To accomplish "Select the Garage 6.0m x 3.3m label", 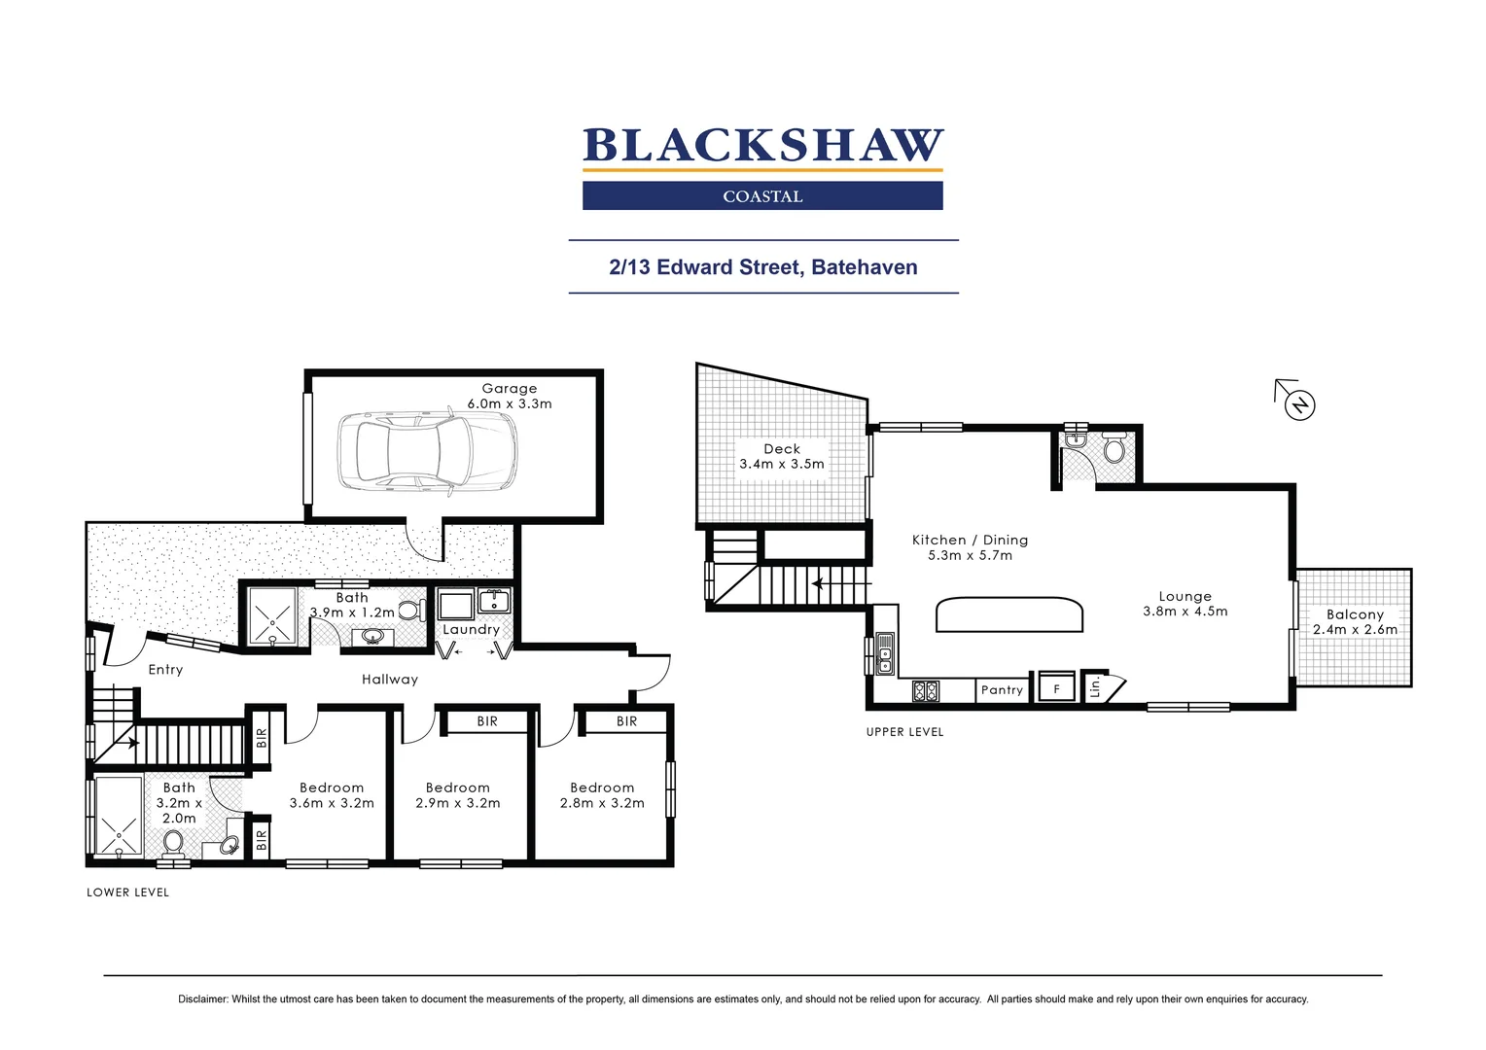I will [x=509, y=396].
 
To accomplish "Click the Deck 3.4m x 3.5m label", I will [x=781, y=456].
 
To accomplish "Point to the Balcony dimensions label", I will [x=1355, y=622].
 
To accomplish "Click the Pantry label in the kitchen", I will [x=1002, y=690].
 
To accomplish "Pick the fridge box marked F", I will [x=1056, y=688].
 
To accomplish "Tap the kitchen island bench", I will [x=1008, y=614].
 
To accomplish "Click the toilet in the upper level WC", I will [x=1114, y=449].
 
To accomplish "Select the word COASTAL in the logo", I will [x=762, y=196].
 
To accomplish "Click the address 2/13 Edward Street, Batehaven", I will [x=762, y=267].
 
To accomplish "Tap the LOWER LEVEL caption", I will [x=127, y=892].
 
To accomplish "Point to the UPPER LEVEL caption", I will [x=904, y=732].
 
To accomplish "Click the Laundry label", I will [x=471, y=630].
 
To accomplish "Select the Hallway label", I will [x=389, y=680].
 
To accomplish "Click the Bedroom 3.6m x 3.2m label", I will [x=332, y=795].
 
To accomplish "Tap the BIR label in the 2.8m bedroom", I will [x=626, y=721].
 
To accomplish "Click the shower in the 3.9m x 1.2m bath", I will [x=272, y=616].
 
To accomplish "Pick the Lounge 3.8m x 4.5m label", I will [x=1185, y=604].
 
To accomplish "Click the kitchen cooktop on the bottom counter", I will [x=925, y=691].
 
